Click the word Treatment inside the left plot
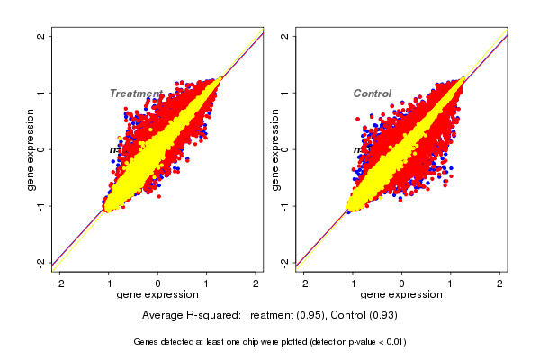coord(136,94)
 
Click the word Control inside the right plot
coord(372,94)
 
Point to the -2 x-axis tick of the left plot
coord(60,283)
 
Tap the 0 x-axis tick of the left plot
coord(158,283)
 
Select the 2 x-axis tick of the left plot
coord(256,283)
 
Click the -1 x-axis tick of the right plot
coord(354,283)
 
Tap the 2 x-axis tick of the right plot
coord(500,283)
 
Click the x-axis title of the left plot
coord(157,295)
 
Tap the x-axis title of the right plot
coord(401,295)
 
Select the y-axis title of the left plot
coord(31,149)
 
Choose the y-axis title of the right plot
coord(274,149)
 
